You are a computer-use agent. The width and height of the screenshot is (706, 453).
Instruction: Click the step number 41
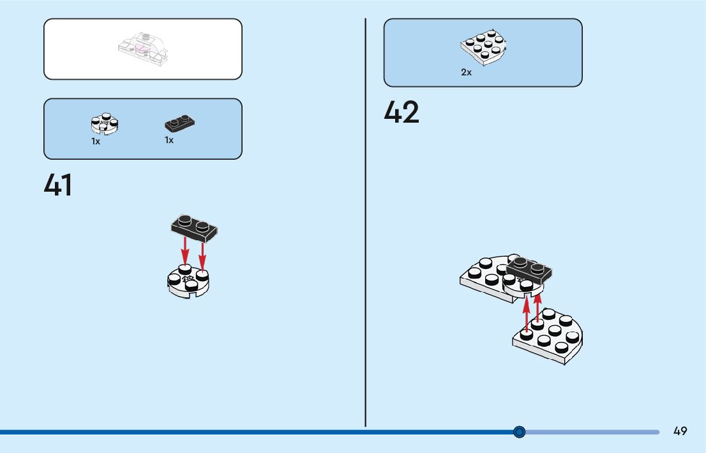pyautogui.click(x=58, y=186)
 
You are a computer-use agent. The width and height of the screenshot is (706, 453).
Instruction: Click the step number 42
pyautogui.click(x=402, y=113)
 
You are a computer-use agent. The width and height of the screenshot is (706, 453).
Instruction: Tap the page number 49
pyautogui.click(x=680, y=431)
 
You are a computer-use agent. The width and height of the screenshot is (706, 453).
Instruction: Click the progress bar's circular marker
pyautogui.click(x=520, y=432)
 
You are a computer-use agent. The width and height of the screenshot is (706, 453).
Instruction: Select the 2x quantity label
pyautogui.click(x=466, y=73)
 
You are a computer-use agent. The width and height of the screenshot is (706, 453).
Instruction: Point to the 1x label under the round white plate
pyautogui.click(x=96, y=142)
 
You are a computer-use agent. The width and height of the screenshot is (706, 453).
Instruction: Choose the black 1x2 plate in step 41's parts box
pyautogui.click(x=179, y=123)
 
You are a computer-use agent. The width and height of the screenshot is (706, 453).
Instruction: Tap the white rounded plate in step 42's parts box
pyautogui.click(x=483, y=47)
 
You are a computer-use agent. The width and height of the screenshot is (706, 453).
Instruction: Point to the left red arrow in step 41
pyautogui.click(x=185, y=250)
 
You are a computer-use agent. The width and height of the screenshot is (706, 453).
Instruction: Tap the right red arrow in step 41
pyautogui.click(x=202, y=255)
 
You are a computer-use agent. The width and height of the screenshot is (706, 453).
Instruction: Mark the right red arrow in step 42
pyautogui.click(x=537, y=307)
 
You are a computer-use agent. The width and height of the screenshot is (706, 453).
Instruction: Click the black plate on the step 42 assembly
pyautogui.click(x=529, y=269)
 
